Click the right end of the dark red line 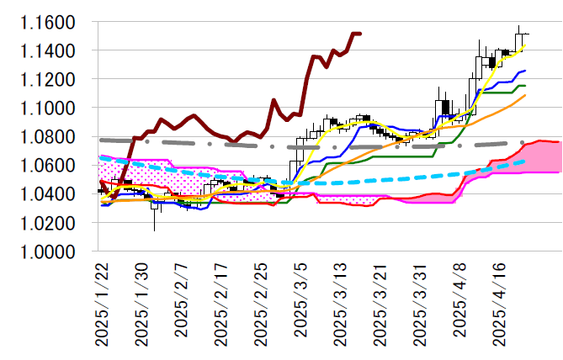point(360,34)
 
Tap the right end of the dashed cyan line point(525,161)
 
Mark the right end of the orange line point(525,95)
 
